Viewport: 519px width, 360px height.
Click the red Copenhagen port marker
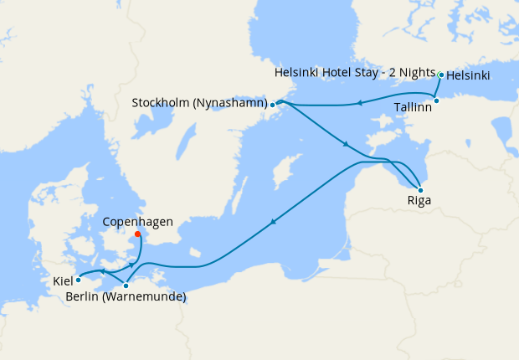pos(137,234)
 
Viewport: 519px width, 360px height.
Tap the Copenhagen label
pos(137,222)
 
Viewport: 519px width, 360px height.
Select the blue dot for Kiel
pos(78,280)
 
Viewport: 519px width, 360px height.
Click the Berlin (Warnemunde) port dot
pos(126,285)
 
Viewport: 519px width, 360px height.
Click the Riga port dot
pos(420,190)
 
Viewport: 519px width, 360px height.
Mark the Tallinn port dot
pos(436,100)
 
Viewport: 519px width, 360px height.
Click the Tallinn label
pos(413,107)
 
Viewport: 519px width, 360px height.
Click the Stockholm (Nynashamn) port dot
pos(273,105)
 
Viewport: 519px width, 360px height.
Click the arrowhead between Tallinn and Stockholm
pos(357,104)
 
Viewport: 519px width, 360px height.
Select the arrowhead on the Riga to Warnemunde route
pos(273,222)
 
